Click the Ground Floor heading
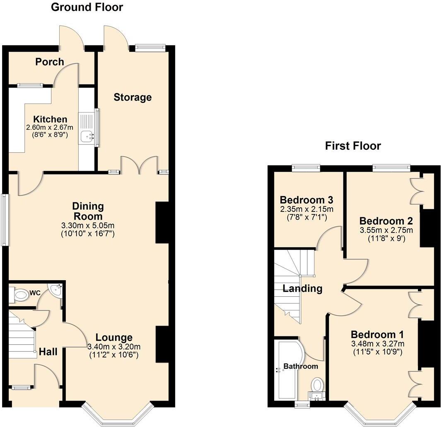(x=87, y=7)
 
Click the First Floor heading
(x=352, y=146)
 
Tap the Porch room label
(x=50, y=62)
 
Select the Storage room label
(x=133, y=98)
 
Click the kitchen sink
(x=87, y=134)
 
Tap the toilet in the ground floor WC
(x=19, y=295)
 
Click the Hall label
(x=48, y=352)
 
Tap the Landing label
(x=302, y=288)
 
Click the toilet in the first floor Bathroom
(x=318, y=385)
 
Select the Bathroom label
(x=301, y=366)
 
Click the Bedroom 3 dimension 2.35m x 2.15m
(x=306, y=209)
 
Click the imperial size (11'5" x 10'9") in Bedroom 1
(x=377, y=352)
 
